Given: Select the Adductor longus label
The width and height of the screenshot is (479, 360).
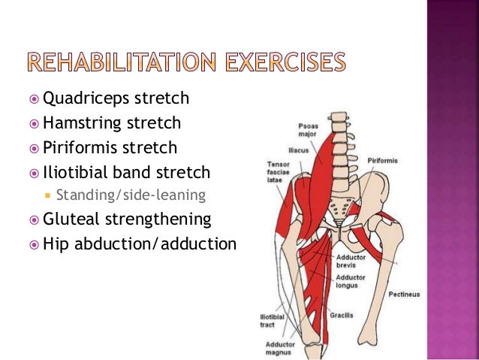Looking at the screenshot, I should click(351, 280).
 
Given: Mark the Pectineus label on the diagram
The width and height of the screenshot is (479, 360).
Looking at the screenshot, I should click(403, 294).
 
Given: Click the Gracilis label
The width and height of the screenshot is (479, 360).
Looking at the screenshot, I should click(342, 315).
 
